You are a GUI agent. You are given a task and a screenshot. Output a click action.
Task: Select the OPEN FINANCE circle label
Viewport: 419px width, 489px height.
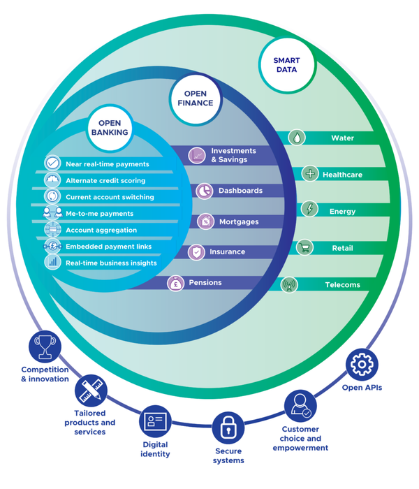tap(199, 98)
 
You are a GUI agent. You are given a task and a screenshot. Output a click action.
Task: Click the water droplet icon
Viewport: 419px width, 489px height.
tap(297, 138)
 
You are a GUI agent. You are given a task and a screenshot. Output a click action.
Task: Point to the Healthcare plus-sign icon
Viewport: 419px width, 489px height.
tap(310, 174)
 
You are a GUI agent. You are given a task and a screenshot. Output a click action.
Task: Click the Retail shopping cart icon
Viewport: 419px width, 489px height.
tap(304, 247)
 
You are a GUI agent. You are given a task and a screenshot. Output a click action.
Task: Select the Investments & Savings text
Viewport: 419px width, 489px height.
tap(233, 155)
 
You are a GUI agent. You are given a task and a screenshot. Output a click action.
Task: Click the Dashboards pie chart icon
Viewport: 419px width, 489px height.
tap(203, 190)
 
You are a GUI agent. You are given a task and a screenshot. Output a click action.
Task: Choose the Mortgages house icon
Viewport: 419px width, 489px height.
tap(205, 221)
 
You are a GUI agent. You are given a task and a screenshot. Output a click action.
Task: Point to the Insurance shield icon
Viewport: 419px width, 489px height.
tap(197, 252)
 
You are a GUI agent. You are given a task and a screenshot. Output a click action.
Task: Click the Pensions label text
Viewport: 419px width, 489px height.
tap(205, 283)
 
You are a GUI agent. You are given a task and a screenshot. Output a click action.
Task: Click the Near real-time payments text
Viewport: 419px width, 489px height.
tap(107, 164)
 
